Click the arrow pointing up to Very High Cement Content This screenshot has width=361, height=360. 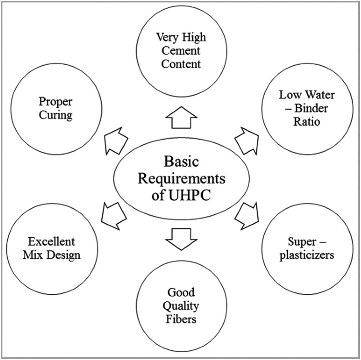180,117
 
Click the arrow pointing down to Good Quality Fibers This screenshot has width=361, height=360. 180,239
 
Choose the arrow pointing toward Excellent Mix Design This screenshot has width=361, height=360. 114,215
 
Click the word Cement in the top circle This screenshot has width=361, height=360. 181,51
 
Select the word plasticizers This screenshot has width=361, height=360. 307,255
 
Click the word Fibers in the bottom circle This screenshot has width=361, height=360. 181,319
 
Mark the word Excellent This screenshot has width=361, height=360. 51,242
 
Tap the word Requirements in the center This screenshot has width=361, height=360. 181,179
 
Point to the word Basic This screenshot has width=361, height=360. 181,162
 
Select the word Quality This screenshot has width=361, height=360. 181,306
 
